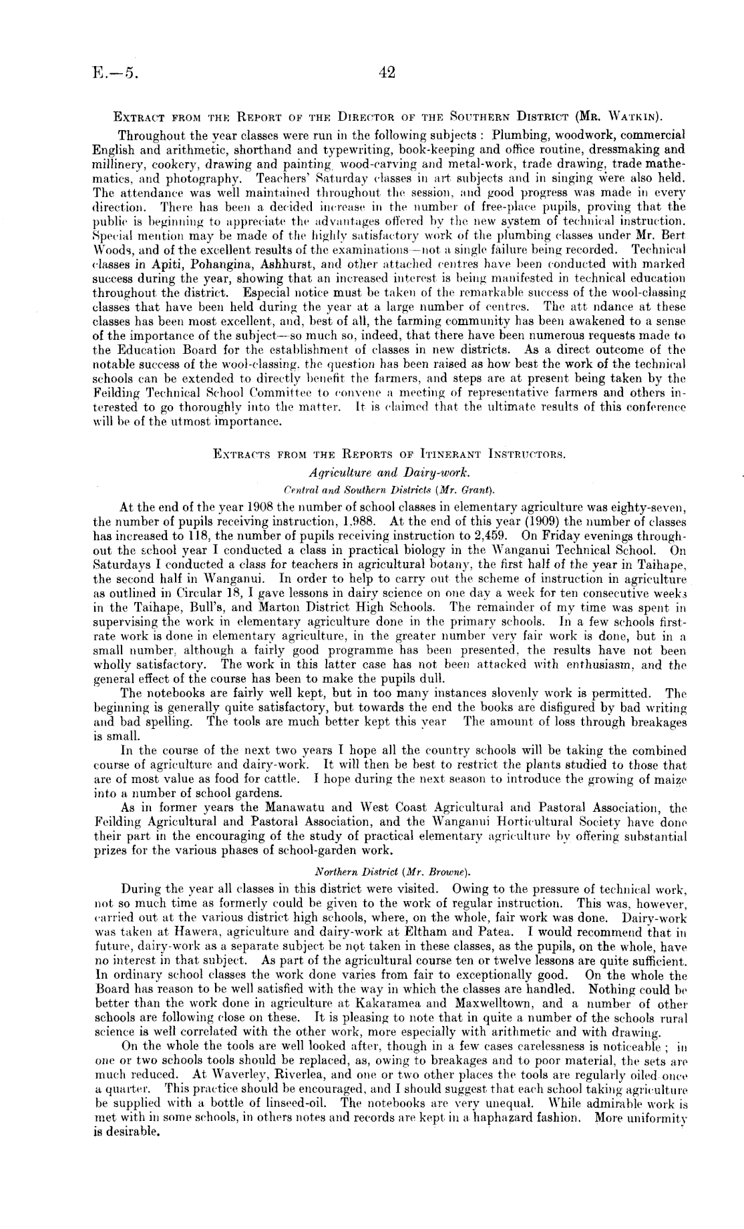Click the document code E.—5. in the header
116,73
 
